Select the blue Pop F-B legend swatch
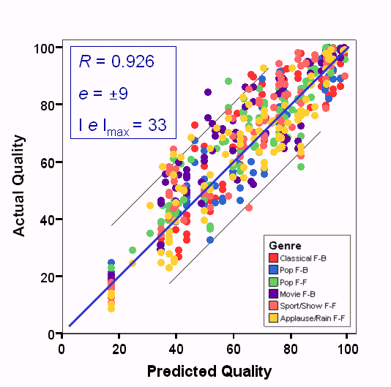pos(274,271)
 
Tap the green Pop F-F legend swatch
pos(274,282)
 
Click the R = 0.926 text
pos(116,62)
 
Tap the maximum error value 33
pos(157,125)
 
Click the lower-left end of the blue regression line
pos(70,326)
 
